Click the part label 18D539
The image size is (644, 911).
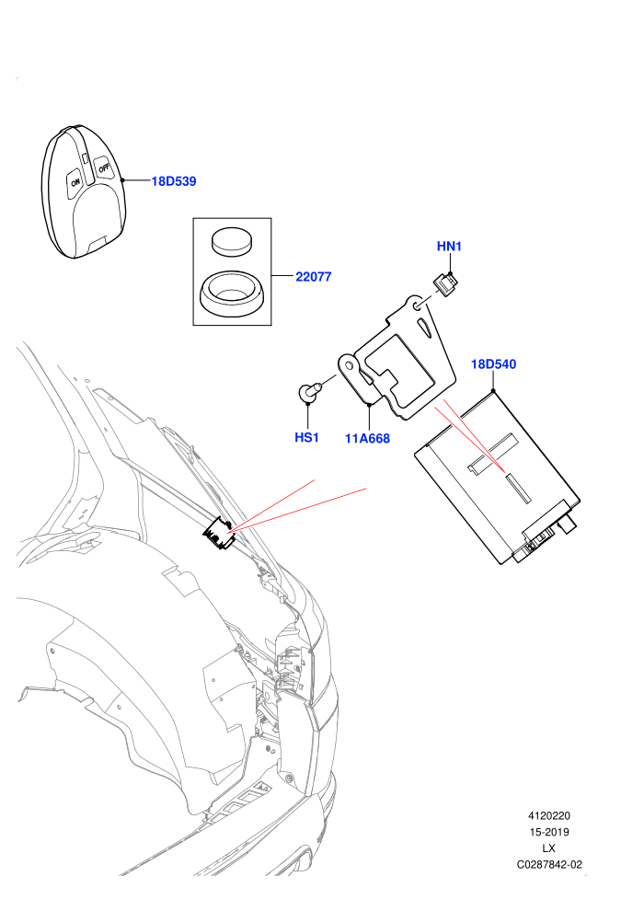[174, 181]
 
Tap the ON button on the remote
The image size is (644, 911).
[75, 181]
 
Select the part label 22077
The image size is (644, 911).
[314, 277]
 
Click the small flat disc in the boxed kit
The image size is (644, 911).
[232, 240]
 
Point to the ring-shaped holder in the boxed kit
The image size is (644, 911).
[232, 294]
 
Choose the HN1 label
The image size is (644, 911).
[449, 247]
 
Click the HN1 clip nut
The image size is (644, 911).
[446, 284]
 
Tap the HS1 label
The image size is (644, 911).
[306, 437]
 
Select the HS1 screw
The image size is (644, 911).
[309, 391]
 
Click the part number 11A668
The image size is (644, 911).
[368, 439]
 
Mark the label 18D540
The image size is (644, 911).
[494, 364]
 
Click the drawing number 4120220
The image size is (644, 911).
[548, 815]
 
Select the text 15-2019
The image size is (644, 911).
[548, 832]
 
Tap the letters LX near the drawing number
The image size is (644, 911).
[548, 848]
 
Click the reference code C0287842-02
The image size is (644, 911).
[549, 864]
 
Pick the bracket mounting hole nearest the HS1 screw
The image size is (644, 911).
[349, 365]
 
